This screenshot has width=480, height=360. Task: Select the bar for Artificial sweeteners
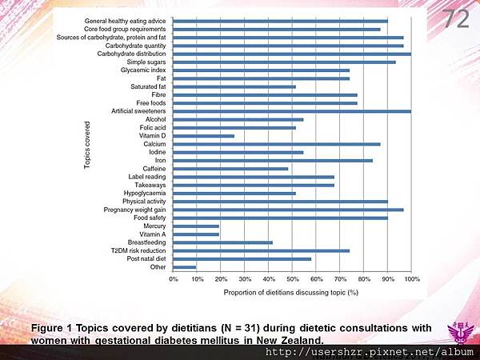(292, 111)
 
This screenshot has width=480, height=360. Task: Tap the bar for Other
(185, 267)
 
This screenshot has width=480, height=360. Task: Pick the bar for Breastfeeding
(223, 242)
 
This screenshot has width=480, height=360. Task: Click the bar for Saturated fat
(234, 86)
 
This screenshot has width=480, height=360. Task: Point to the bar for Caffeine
(230, 169)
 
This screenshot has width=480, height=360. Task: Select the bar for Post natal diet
(242, 259)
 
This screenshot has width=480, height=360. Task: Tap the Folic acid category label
(151, 128)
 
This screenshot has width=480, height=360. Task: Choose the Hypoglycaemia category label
(146, 194)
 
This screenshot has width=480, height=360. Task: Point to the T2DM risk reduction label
(138, 250)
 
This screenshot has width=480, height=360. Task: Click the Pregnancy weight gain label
(135, 210)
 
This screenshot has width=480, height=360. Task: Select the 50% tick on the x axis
(293, 279)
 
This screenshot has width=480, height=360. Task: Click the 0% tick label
(174, 279)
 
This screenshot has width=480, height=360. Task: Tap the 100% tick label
(412, 279)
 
